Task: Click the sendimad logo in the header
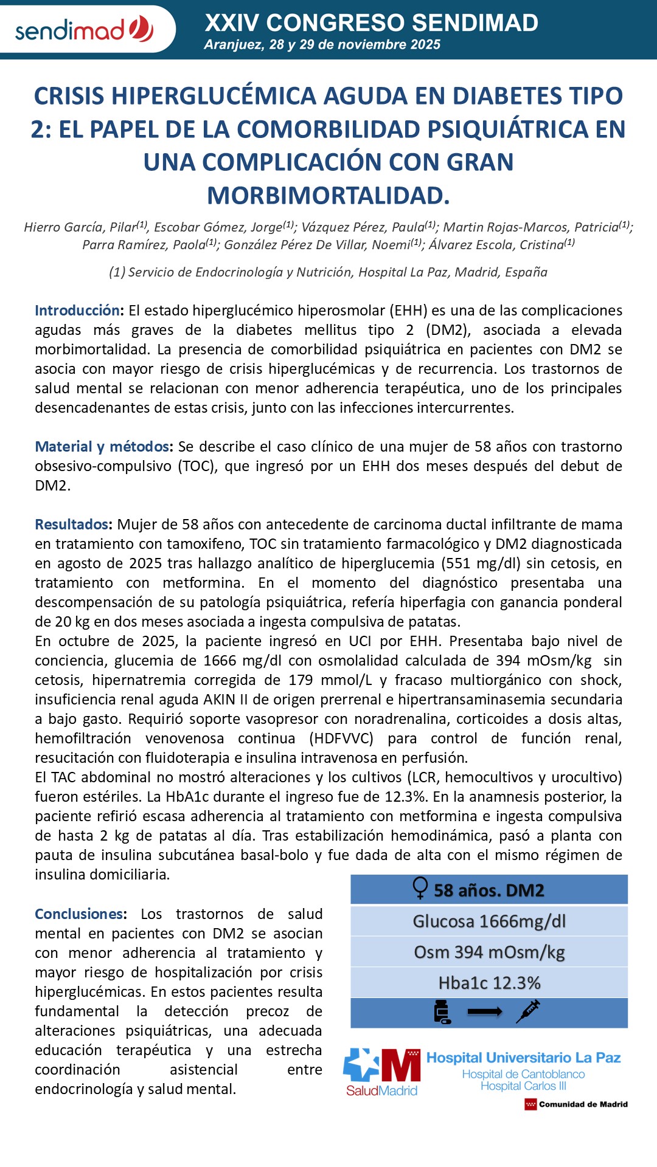point(84,29)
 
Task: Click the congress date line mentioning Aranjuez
point(322,44)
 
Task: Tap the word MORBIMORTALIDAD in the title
point(328,196)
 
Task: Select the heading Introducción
point(78,311)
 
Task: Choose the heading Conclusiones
point(80,914)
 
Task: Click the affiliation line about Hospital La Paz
point(328,272)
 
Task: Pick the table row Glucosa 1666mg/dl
point(489,921)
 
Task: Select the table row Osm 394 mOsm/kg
point(489,952)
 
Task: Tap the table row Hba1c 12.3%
point(489,983)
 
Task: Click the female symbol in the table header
point(420,889)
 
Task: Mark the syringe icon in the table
point(527,1011)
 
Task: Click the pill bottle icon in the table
point(442,1012)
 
